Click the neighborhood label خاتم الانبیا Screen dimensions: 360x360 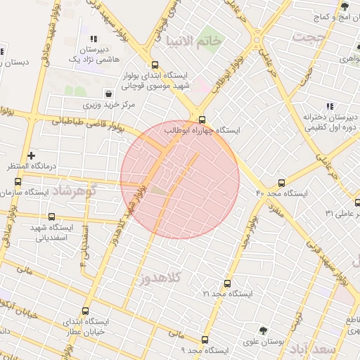click(x=191, y=41)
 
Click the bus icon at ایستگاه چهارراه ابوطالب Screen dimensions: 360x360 click(x=202, y=120)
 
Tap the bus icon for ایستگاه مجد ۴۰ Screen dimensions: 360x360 click(x=282, y=182)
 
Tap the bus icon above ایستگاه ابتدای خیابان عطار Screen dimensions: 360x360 click(x=86, y=311)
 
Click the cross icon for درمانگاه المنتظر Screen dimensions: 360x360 click(x=30, y=155)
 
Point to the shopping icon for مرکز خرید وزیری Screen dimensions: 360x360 click(x=108, y=94)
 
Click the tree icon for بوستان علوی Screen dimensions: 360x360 click(x=263, y=330)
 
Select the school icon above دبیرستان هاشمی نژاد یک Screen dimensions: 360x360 click(x=93, y=39)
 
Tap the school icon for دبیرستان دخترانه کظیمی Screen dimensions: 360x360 click(x=310, y=105)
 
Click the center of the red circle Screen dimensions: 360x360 click(x=180, y=179)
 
